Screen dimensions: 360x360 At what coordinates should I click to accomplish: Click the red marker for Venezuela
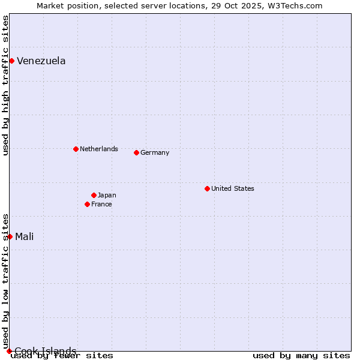tap(11, 61)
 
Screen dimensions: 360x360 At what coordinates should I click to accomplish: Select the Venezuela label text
tap(41, 61)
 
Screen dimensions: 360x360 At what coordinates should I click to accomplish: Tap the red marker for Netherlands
tap(76, 149)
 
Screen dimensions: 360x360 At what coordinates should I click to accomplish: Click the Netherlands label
tap(98, 149)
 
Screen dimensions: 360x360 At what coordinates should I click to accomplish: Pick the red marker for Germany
tap(136, 152)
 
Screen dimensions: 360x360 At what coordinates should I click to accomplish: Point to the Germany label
tap(155, 152)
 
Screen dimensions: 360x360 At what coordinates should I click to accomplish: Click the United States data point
tap(207, 188)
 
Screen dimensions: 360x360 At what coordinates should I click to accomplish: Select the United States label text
tap(232, 188)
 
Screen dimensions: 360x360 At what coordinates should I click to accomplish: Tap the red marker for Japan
tap(94, 195)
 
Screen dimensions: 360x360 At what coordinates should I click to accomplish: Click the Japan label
tap(107, 195)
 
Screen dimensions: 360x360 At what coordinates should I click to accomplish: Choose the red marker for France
tap(87, 204)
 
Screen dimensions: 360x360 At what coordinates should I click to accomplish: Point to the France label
tap(101, 204)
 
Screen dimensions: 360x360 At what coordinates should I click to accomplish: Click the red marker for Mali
tap(10, 236)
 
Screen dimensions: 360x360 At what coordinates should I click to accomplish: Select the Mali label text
tap(24, 236)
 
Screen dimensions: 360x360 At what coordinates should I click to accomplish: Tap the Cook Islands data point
tap(9, 351)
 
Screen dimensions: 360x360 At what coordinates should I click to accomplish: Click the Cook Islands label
tap(45, 351)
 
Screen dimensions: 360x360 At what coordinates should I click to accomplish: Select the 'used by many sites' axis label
tap(301, 355)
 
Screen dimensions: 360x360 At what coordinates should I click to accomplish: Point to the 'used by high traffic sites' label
tap(5, 85)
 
